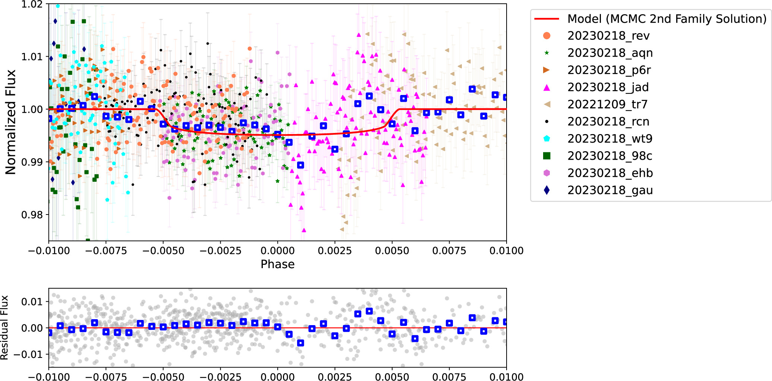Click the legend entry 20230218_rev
608,36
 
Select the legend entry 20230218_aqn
610,53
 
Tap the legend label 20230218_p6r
609,70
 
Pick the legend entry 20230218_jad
608,87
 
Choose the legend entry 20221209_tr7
607,104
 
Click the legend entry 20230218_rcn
608,121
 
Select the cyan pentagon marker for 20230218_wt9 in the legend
546,139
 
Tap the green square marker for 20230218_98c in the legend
546,156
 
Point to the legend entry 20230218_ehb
610,173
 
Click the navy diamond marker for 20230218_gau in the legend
546,190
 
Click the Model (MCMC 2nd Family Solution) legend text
667,19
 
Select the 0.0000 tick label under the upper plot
277,251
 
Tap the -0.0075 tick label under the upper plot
106,251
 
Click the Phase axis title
277,264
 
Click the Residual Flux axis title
4,327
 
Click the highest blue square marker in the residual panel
369,311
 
